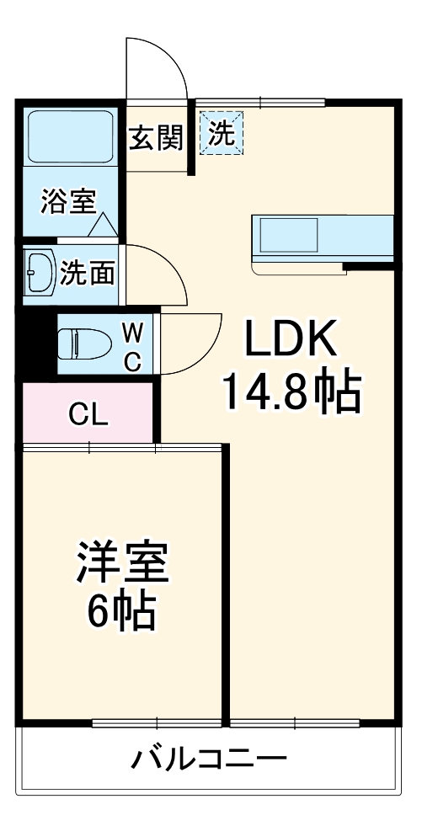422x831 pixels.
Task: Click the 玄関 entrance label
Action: point(157,139)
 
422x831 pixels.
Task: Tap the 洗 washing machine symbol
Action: point(222,133)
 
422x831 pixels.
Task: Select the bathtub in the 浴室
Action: point(71,136)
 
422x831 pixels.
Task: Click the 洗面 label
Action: point(88,273)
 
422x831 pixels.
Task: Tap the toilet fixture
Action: point(84,344)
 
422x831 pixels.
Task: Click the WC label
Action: point(132,348)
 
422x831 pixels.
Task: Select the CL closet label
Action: point(88,415)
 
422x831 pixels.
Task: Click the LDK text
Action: point(290,339)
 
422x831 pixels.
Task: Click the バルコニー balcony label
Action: point(209,762)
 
